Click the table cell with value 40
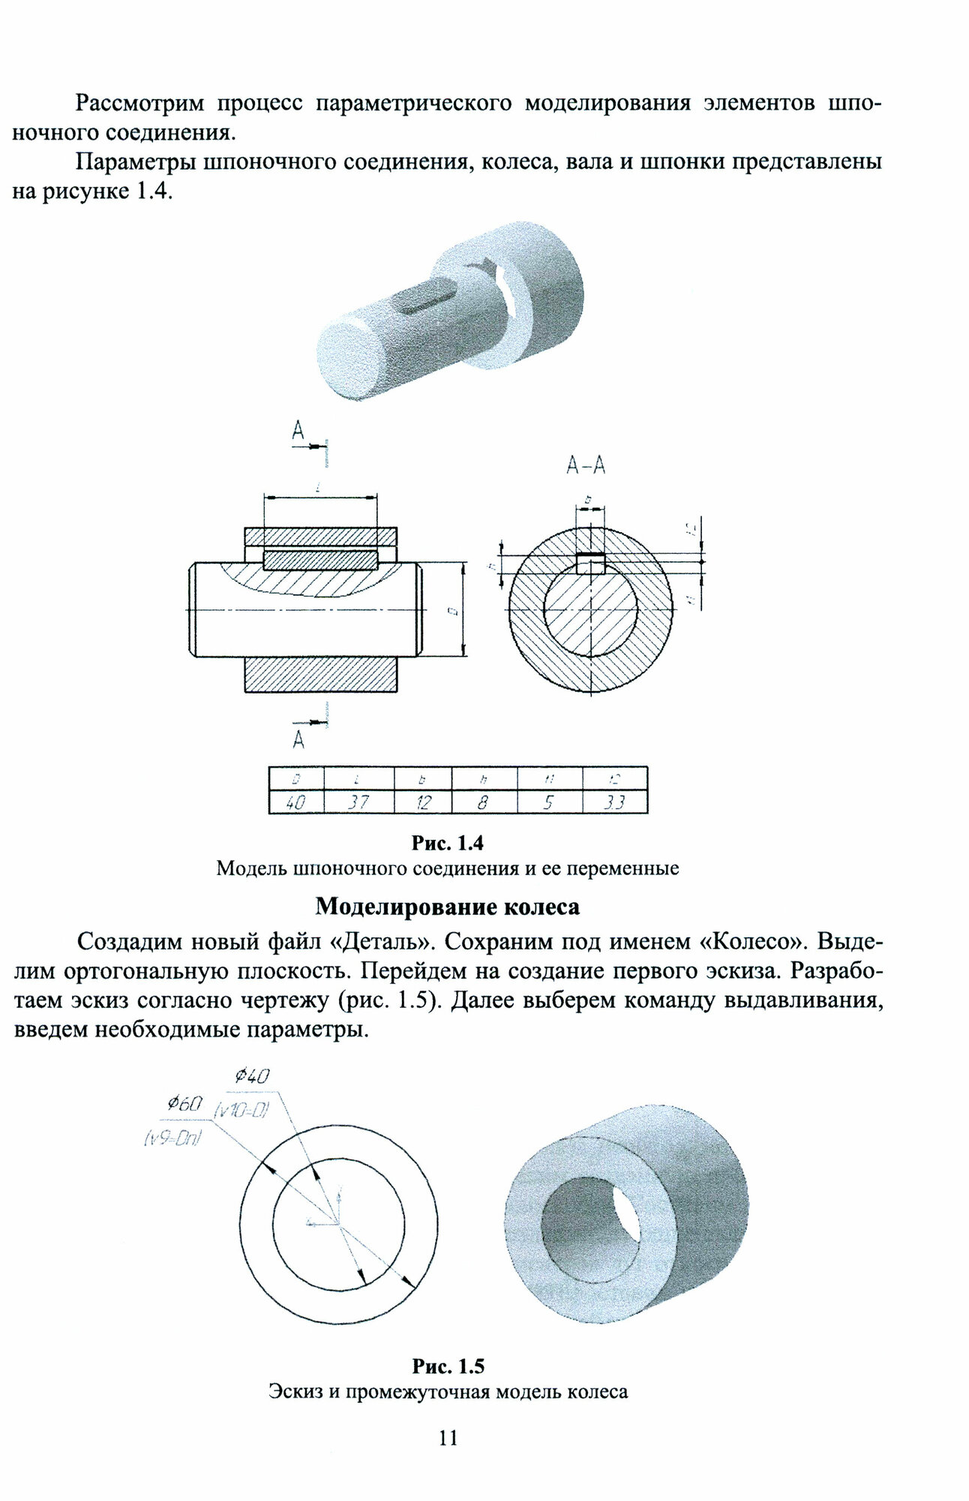pyautogui.click(x=295, y=802)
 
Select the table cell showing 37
pyautogui.click(x=358, y=802)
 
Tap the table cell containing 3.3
pyautogui.click(x=615, y=802)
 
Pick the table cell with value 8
pyautogui.click(x=484, y=802)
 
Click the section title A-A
pyautogui.click(x=586, y=466)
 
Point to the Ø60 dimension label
pyautogui.click(x=184, y=1103)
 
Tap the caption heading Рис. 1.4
pyautogui.click(x=448, y=843)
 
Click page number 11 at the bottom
pyautogui.click(x=448, y=1437)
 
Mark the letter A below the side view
pyautogui.click(x=298, y=740)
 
